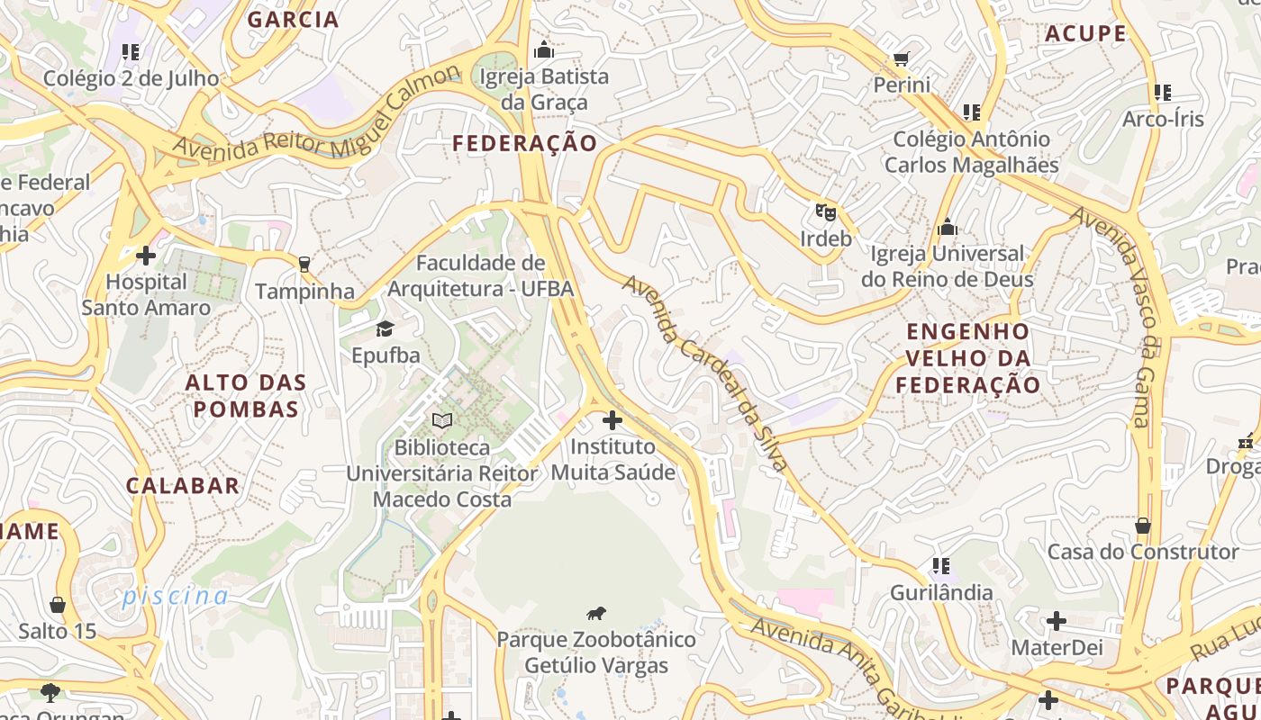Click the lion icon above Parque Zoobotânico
tap(596, 614)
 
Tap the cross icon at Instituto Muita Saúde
tap(612, 420)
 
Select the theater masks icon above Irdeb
tap(825, 212)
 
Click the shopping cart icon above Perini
tap(901, 58)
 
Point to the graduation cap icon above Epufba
tap(386, 328)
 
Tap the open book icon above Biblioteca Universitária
tap(442, 420)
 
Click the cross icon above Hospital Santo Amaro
tap(146, 256)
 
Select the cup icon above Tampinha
tap(304, 264)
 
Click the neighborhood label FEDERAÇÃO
tap(524, 143)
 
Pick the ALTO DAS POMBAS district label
tap(242, 396)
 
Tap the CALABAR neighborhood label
tap(183, 486)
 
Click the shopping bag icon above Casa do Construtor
tap(1142, 525)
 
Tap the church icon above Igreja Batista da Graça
tap(544, 49)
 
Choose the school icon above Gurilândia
tap(940, 566)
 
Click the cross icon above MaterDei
tap(1056, 621)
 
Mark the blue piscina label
tap(176, 596)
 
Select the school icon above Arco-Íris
tap(1162, 93)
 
